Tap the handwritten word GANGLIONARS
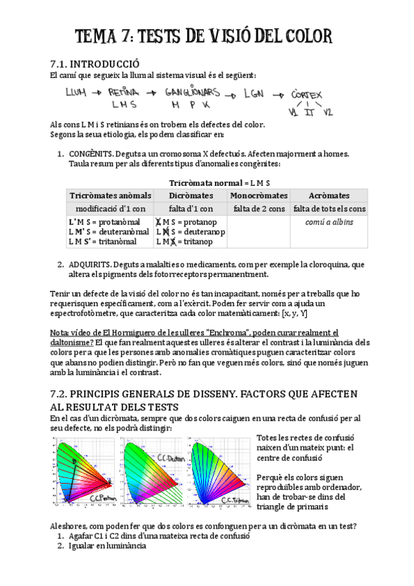click(193, 92)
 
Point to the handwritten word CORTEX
click(308, 94)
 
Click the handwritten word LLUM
click(76, 92)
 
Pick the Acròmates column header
click(329, 196)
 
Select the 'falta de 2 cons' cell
click(258, 209)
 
